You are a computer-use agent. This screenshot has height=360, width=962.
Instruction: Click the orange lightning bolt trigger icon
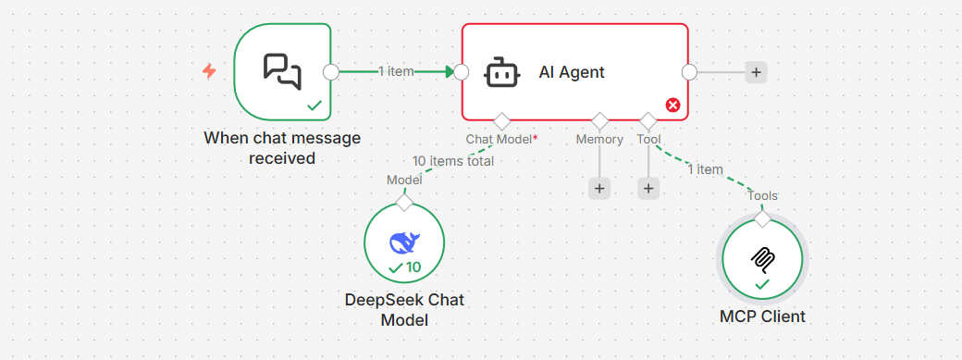pyautogui.click(x=209, y=71)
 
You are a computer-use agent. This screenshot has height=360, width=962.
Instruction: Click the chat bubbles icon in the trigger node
pyautogui.click(x=282, y=71)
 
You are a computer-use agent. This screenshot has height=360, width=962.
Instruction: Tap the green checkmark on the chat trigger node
pyautogui.click(x=314, y=106)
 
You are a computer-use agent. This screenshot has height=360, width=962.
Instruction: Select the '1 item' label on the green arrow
pyautogui.click(x=396, y=71)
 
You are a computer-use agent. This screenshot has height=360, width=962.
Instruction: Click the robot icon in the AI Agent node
pyautogui.click(x=501, y=72)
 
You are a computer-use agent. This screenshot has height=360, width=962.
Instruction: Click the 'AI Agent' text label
pyautogui.click(x=572, y=72)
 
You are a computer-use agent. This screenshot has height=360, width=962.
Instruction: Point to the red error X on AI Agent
pyautogui.click(x=672, y=106)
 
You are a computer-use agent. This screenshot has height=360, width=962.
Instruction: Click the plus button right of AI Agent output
pyautogui.click(x=757, y=72)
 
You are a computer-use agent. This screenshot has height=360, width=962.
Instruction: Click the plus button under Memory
pyautogui.click(x=599, y=188)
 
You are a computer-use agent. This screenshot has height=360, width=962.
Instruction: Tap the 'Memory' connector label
pyautogui.click(x=599, y=140)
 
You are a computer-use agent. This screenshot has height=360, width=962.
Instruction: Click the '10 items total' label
pyautogui.click(x=453, y=161)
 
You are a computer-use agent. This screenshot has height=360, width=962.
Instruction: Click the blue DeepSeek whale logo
pyautogui.click(x=404, y=242)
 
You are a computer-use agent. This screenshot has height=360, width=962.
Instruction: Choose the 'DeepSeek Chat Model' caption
pyautogui.click(x=404, y=310)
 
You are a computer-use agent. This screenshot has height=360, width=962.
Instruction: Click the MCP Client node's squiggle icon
pyautogui.click(x=762, y=257)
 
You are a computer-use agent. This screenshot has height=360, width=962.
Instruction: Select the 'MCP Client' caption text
pyautogui.click(x=762, y=317)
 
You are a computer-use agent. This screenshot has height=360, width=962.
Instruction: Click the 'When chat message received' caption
pyautogui.click(x=282, y=148)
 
